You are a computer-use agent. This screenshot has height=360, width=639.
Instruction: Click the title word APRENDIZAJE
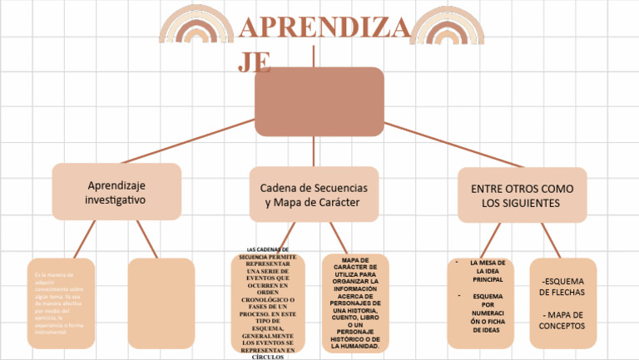click(x=324, y=29)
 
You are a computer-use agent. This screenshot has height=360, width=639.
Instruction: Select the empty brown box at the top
click(x=319, y=101)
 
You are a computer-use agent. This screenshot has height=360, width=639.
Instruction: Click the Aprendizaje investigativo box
click(x=116, y=191)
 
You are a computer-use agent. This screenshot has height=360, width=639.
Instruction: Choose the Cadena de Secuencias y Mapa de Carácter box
click(x=314, y=195)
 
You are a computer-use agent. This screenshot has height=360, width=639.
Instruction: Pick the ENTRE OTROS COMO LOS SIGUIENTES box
click(x=522, y=195)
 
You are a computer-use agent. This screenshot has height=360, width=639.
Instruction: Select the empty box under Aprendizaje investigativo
click(x=161, y=303)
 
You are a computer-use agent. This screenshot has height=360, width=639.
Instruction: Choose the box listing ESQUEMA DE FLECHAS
click(x=562, y=303)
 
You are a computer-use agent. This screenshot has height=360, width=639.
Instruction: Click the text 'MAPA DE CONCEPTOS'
click(x=562, y=320)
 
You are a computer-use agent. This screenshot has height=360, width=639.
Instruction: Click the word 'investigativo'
click(x=116, y=200)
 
